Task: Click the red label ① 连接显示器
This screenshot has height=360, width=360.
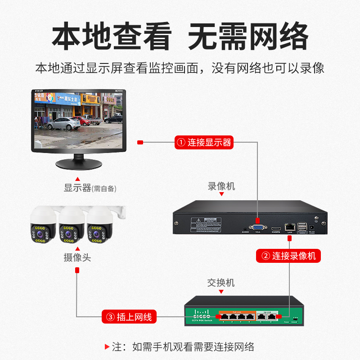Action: click(204, 143)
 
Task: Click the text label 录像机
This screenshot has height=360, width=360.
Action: click(221, 186)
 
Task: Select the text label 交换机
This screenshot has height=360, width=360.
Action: click(221, 283)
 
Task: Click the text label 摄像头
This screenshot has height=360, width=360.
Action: click(77, 258)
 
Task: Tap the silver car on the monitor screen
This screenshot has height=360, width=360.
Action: click(64, 123)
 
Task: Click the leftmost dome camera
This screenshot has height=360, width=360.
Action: click(43, 227)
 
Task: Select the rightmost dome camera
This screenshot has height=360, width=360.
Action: click(99, 227)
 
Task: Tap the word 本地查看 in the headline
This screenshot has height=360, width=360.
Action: click(112, 36)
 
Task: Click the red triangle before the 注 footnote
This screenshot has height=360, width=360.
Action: click(107, 347)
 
